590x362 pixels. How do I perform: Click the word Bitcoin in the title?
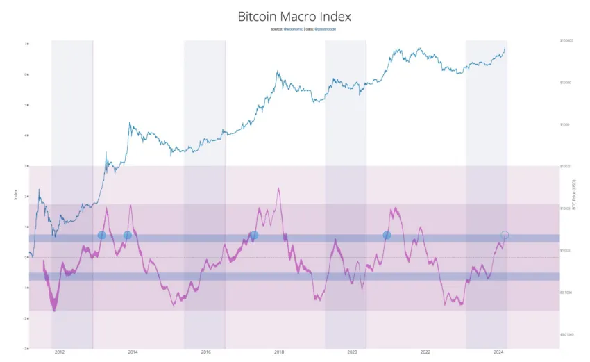tap(256, 15)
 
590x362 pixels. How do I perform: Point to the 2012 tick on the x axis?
tap(60, 353)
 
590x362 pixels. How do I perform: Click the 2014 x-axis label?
tap(133, 353)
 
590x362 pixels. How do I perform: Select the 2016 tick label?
tap(205, 353)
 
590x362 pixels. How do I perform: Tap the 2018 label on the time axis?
tap(279, 353)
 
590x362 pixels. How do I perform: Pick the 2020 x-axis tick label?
tap(352, 353)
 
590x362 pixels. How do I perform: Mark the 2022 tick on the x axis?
tap(425, 353)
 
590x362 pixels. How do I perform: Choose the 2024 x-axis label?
tap(498, 353)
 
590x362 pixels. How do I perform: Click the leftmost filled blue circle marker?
tap(101, 236)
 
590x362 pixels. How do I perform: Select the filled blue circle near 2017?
tap(254, 236)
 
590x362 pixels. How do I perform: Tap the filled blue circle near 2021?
tap(387, 236)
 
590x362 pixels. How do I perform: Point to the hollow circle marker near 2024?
tap(505, 236)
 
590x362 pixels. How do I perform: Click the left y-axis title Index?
tap(15, 195)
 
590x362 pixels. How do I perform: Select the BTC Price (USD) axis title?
tap(573, 195)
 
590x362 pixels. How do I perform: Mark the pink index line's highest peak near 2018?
tap(278, 188)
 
